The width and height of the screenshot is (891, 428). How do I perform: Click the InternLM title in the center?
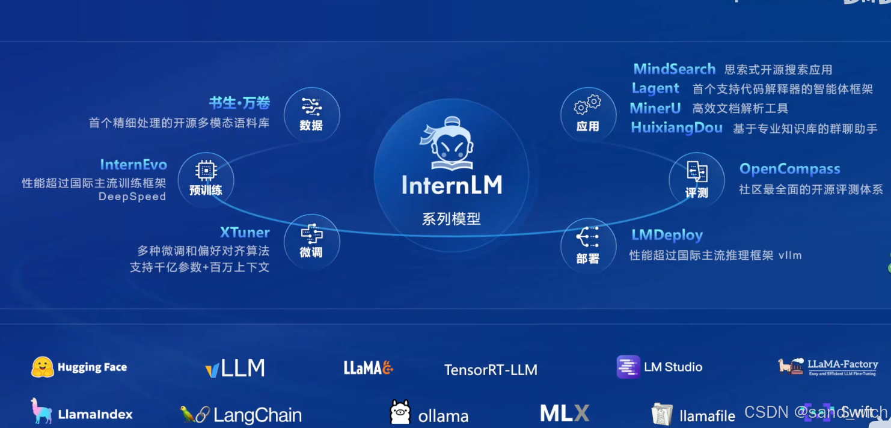coord(452,185)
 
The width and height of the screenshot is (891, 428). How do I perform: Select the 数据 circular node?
coord(311,115)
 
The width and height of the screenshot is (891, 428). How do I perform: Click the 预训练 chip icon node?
coord(206,179)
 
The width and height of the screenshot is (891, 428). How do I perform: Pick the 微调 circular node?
coord(311,242)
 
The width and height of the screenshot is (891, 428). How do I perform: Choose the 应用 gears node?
coord(588,115)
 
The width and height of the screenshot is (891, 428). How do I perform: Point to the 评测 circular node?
coord(697,179)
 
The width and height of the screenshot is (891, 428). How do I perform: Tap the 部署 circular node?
coord(588,246)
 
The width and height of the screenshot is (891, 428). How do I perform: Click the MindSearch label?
coord(674,69)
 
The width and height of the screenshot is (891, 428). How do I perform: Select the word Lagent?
coord(655,88)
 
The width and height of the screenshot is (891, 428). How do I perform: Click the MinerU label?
coord(655,108)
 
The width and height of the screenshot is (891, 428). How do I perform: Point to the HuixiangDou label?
coord(676,127)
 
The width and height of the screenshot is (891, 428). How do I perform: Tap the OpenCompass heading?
coord(789,169)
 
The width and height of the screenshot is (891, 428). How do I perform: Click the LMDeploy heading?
coord(667,235)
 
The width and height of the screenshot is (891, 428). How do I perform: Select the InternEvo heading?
coord(133,165)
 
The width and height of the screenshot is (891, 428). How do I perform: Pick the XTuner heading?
coord(245,233)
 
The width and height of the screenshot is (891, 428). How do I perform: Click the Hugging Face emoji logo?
coord(43,367)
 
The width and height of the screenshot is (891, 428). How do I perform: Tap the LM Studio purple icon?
coord(628,367)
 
